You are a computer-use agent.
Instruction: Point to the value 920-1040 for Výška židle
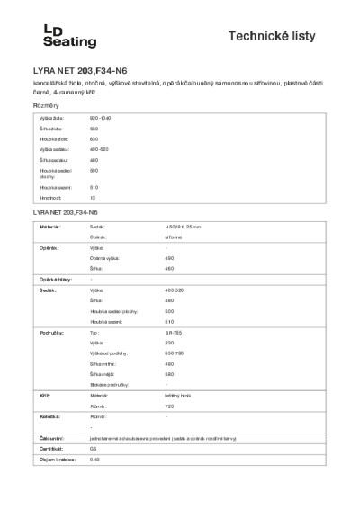(x=100, y=118)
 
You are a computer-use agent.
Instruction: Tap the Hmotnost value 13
(x=93, y=197)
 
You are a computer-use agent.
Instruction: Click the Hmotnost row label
(x=50, y=197)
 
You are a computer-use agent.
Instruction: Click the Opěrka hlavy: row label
(x=52, y=281)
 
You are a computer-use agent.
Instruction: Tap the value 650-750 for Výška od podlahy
(x=175, y=353)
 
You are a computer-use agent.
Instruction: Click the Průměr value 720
(x=170, y=406)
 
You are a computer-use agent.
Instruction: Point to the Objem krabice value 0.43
(x=94, y=460)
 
